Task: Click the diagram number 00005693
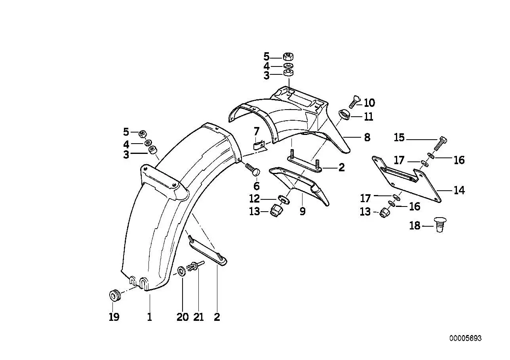pos(465,338)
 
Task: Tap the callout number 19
pos(114,317)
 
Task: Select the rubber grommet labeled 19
pos(114,296)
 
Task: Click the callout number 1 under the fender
pos(149,317)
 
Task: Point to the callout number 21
pos(198,317)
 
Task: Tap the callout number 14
pos(459,190)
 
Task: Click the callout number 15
pos(399,138)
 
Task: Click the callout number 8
pos(367,138)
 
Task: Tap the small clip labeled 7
pos(260,146)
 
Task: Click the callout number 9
pos(303,212)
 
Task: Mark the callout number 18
pos(415,226)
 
